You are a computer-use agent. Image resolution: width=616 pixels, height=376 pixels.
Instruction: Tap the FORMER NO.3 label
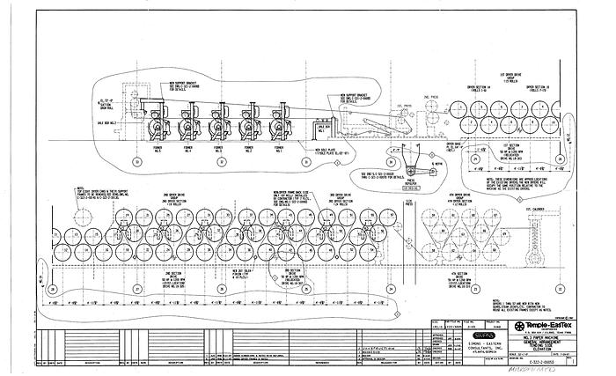218,150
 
